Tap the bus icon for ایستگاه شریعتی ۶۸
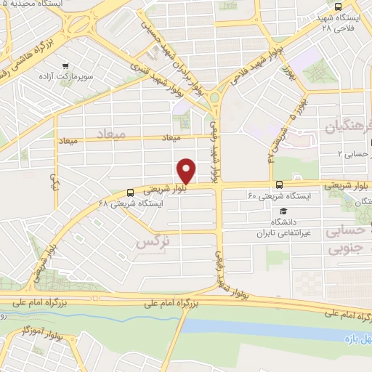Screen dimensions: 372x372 click(130, 193)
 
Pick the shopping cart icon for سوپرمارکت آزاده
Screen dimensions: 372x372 click(66, 64)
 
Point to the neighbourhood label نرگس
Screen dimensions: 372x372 click(151, 242)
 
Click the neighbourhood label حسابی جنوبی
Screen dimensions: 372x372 click(347, 240)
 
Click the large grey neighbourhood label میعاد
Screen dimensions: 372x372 click(110, 134)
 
